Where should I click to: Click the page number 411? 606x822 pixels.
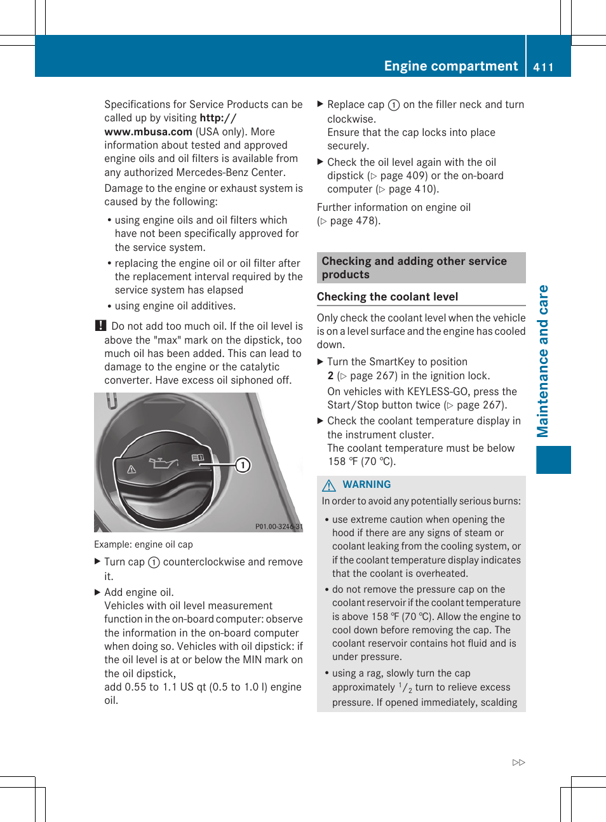[x=543, y=67]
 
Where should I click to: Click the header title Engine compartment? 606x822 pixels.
[x=450, y=66]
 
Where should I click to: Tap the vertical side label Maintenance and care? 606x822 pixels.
[x=542, y=361]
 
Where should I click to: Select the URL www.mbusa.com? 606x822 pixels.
[x=148, y=131]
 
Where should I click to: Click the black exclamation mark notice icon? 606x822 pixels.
[x=100, y=326]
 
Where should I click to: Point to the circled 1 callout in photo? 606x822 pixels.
[x=243, y=465]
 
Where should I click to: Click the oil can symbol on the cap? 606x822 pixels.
[x=163, y=462]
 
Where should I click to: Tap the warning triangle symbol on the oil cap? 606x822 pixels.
[x=131, y=469]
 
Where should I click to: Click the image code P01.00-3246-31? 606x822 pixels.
[x=278, y=527]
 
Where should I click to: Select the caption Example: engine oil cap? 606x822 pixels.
[x=143, y=544]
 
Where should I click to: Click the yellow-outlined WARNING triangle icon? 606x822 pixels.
[x=328, y=485]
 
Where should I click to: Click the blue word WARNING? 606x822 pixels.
[x=367, y=485]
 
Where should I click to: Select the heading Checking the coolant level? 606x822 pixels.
[x=387, y=297]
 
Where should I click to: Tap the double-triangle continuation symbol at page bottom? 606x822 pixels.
[x=518, y=762]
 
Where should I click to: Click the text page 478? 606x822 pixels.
[x=353, y=221]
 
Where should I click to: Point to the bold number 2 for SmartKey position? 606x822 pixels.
[x=330, y=375]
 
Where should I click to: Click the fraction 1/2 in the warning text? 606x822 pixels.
[x=405, y=687]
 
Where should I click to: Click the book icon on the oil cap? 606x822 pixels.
[x=198, y=457]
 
